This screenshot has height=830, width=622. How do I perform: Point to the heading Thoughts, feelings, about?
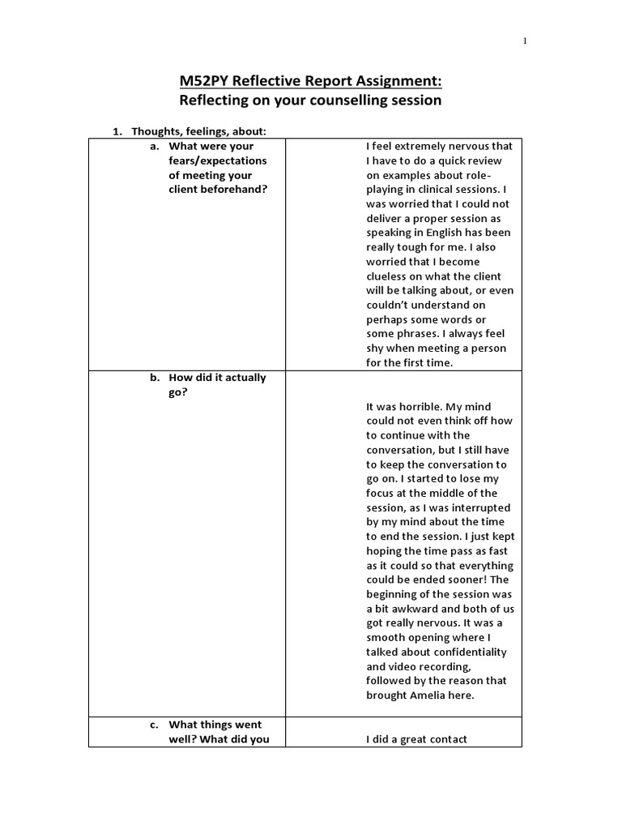point(199,131)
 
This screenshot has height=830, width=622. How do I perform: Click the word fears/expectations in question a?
point(217,160)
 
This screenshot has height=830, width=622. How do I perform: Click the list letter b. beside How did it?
point(154,378)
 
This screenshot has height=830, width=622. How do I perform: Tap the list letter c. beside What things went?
point(154,725)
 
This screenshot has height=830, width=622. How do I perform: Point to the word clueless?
point(390,276)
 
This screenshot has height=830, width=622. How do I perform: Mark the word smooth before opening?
point(387,638)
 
